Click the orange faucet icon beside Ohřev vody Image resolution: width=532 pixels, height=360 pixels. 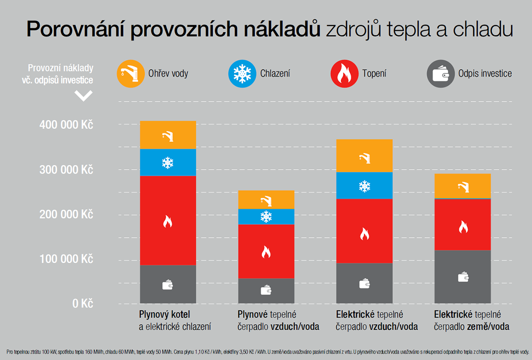pyautogui.click(x=130, y=73)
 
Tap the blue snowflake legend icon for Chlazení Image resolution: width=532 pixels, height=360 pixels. pyautogui.click(x=242, y=73)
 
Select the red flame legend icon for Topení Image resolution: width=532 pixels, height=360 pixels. pyautogui.click(x=344, y=73)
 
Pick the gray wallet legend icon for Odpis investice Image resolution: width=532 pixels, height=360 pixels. pyautogui.click(x=441, y=73)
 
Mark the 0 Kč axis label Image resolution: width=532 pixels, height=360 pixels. pyautogui.click(x=82, y=304)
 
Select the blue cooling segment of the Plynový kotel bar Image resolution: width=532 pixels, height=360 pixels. pyautogui.click(x=168, y=162)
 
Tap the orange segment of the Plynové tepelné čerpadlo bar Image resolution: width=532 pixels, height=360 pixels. pyautogui.click(x=266, y=200)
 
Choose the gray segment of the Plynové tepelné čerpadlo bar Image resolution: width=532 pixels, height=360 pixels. pyautogui.click(x=266, y=291)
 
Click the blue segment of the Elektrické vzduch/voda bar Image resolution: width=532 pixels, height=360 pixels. pyautogui.click(x=365, y=185)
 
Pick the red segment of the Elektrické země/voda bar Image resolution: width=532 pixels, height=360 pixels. pyautogui.click(x=463, y=224)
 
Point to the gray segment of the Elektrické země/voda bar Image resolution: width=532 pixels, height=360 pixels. pyautogui.click(x=463, y=277)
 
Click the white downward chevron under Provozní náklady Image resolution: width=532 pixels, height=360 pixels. pyautogui.click(x=83, y=95)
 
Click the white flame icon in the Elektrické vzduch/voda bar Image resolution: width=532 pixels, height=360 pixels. pyautogui.click(x=365, y=234)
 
